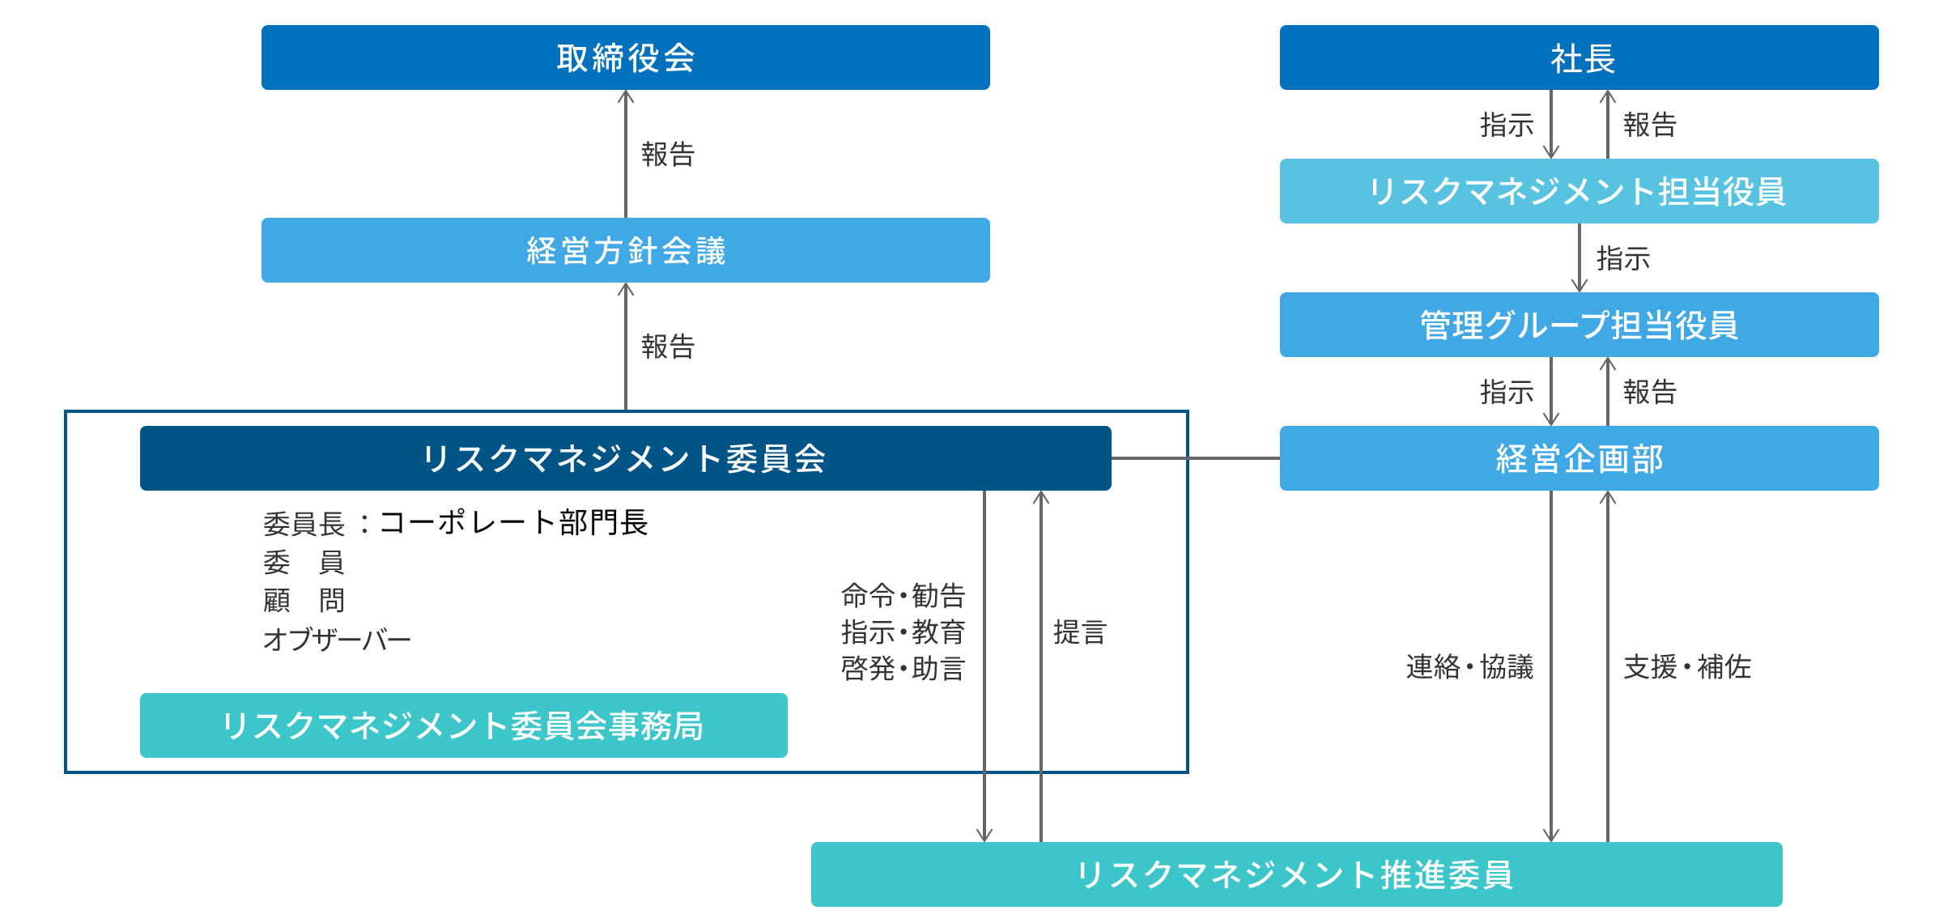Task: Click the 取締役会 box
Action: point(625,57)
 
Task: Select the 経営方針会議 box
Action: point(625,250)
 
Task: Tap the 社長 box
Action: point(1579,57)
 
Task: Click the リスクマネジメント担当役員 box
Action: point(1579,191)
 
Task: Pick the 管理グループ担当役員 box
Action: point(1579,325)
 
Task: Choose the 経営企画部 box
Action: point(1579,458)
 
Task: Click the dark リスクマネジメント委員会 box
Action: point(625,458)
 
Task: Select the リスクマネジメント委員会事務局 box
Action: point(463,725)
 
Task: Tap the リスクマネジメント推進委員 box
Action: point(1296,874)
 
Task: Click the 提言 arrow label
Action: point(1080,632)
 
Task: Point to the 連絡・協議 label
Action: point(1469,667)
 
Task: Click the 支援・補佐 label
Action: point(1687,667)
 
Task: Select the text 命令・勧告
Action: point(903,596)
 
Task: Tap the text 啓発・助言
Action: point(903,669)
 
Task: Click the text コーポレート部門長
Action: point(513,523)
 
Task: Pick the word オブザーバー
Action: point(338,640)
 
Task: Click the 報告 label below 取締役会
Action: point(668,154)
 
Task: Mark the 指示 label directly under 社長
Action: point(1507,125)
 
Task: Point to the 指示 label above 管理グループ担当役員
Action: point(1622,259)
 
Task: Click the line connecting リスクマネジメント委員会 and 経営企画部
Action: point(1195,458)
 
